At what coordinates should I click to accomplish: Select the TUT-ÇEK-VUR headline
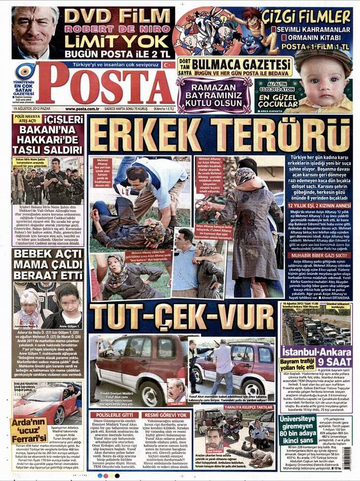[x=181, y=317]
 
